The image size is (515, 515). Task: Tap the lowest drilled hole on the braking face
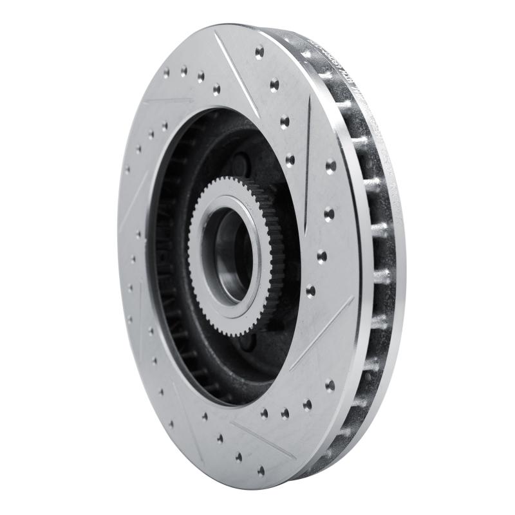261,471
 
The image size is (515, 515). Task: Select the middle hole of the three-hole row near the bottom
285,413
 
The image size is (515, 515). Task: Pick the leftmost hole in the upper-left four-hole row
166,73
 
